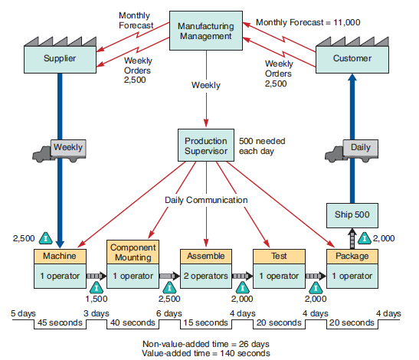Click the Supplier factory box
tap(60, 57)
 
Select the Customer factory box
tap(352, 57)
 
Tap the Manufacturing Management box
tap(205, 31)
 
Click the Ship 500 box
tap(352, 215)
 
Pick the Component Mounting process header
tap(133, 253)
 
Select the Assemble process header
tap(206, 256)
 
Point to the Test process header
tap(279, 256)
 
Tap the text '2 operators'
tap(206, 274)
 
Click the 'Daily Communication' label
tap(206, 200)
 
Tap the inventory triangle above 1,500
tap(97, 287)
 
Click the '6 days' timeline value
tap(169, 313)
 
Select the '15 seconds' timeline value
tap(205, 322)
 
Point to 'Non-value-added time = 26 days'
tap(206, 343)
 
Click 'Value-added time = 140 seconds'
tap(206, 353)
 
